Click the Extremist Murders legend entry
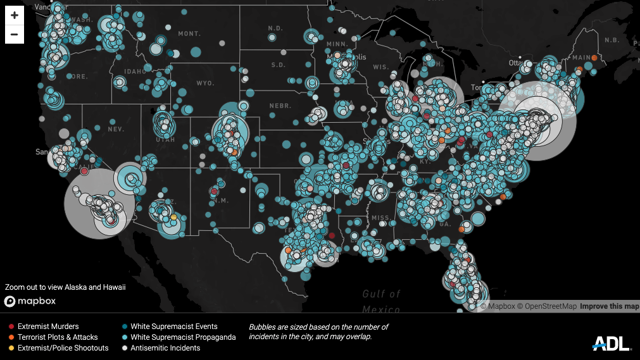[48, 326]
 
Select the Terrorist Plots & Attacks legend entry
[58, 337]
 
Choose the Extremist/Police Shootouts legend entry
[63, 348]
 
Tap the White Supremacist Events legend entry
[173, 326]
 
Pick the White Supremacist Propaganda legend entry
[183, 337]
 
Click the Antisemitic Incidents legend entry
[165, 348]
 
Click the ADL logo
[612, 344]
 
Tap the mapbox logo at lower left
[30, 301]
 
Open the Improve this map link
[610, 306]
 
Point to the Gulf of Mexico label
[382, 301]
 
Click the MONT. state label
[189, 34]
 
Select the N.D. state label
[275, 28]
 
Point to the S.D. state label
[279, 65]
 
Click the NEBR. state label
[279, 105]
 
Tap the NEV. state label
[116, 129]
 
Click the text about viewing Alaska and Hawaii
[65, 287]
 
